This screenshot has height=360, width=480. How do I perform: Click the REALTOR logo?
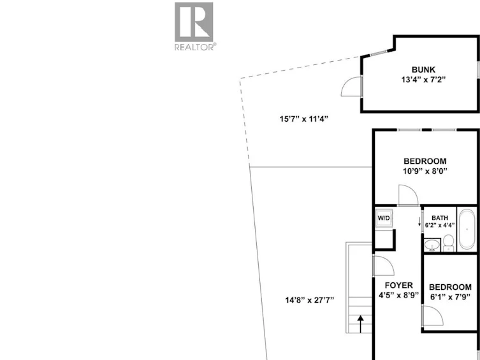coord(194,26)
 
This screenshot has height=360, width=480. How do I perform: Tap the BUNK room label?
coord(423,69)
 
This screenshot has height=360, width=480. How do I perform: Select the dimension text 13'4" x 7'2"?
coord(423,80)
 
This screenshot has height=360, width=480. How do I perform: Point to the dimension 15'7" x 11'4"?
coord(303,119)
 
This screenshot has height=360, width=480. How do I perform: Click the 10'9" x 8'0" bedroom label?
coord(425,166)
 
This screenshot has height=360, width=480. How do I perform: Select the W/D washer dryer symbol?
coord(384,218)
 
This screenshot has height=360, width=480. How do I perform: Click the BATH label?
coord(440,218)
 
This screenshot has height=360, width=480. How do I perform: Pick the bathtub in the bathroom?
coord(467,229)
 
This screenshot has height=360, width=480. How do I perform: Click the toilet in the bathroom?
coord(449,243)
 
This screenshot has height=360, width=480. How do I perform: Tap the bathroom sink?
coord(432,245)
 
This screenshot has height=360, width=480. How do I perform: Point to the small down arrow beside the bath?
coord(419,222)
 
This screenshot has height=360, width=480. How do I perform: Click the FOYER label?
coord(399,285)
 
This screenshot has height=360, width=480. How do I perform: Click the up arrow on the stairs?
coord(361,324)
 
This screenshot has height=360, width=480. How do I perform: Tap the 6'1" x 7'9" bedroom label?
coord(450,292)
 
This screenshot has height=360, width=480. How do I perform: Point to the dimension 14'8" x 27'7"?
coord(310,300)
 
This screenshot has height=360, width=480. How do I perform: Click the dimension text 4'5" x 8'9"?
coord(399,296)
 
